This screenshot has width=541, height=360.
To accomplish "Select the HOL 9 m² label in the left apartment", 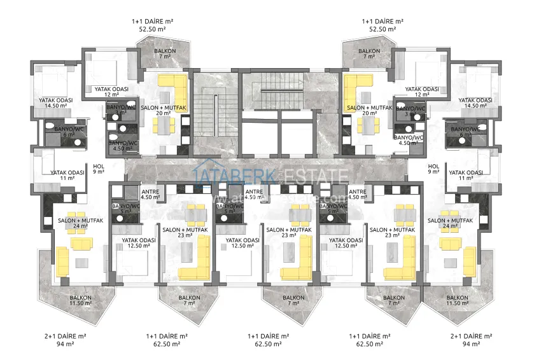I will [x=97, y=167].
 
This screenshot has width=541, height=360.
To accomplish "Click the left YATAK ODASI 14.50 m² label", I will [x=55, y=104].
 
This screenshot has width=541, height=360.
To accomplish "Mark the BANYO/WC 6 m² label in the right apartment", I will [x=465, y=132].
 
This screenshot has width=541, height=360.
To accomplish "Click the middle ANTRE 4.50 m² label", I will [x=254, y=194].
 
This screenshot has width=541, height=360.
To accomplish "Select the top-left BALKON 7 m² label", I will [x=164, y=53].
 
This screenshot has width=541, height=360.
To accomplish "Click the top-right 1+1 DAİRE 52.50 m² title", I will [x=381, y=24].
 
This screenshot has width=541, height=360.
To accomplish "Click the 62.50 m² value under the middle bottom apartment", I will [x=268, y=344].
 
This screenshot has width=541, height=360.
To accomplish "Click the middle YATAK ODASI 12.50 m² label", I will [x=242, y=244].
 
